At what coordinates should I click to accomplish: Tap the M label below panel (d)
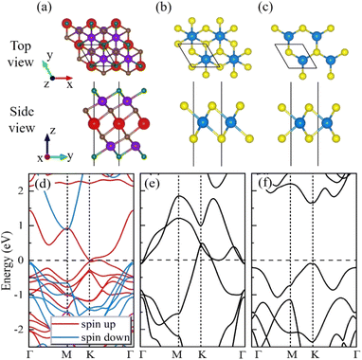pos(66,353)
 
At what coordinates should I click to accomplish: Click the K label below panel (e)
pos(201,353)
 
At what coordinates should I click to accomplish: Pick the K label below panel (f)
pos(313,353)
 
